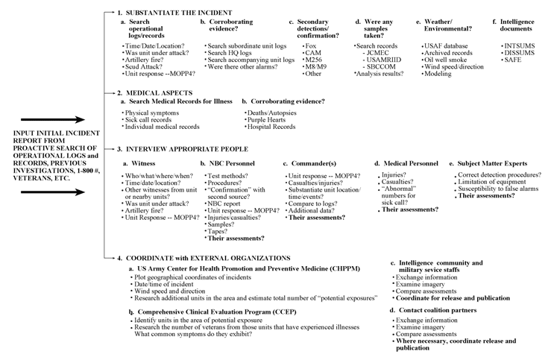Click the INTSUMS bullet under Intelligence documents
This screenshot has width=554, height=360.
(x=516, y=46)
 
